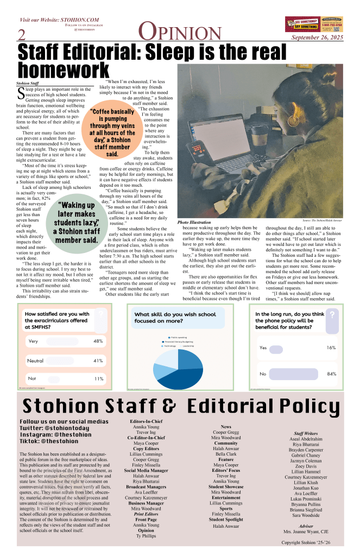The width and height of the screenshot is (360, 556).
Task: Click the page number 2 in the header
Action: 22,35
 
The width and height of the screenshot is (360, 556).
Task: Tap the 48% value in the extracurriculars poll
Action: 98,342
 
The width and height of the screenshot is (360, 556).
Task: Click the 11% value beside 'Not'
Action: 99,378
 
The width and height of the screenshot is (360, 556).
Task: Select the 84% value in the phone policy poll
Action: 332,374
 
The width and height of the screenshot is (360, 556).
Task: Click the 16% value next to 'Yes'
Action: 332,347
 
